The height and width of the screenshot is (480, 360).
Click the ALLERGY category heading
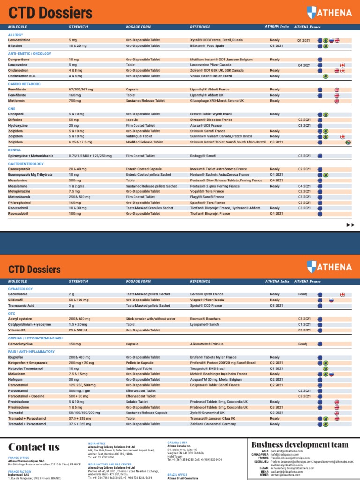click(x=15, y=35)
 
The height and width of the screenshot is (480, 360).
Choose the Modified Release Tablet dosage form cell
click(x=144, y=142)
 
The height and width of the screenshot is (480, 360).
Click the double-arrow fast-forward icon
click(x=350, y=225)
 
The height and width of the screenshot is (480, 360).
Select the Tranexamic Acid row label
click(x=22, y=305)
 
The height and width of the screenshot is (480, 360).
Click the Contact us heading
click(x=34, y=447)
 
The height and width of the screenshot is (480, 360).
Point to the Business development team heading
click(x=300, y=444)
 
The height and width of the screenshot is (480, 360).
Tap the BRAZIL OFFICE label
click(x=178, y=475)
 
